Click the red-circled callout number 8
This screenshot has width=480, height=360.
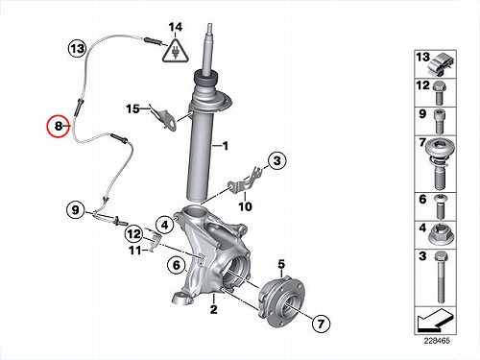click(x=58, y=126)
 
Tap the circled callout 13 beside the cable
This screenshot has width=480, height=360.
click(x=77, y=49)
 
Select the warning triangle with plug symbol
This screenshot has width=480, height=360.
click(x=175, y=51)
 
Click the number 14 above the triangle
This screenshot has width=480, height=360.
click(x=176, y=27)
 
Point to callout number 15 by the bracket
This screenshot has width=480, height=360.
click(x=132, y=108)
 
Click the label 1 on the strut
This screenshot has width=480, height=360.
click(x=226, y=146)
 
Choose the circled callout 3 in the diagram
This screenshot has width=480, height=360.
click(x=276, y=160)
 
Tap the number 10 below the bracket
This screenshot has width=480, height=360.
click(x=245, y=206)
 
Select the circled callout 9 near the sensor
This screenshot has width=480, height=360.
click(x=75, y=210)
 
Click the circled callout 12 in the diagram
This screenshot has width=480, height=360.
click(x=133, y=234)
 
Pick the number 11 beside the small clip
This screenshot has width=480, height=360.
click(x=135, y=250)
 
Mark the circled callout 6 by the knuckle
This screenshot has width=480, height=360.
click(x=177, y=265)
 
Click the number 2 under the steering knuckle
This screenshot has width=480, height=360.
click(x=213, y=309)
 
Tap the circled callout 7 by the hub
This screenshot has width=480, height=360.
click(x=321, y=324)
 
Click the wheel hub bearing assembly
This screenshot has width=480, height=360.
click(x=280, y=300)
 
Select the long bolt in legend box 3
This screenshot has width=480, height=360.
click(x=441, y=277)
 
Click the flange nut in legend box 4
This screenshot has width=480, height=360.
click(x=441, y=235)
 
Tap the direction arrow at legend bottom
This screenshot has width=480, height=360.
click(x=436, y=320)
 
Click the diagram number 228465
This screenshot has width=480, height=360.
click(x=437, y=341)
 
